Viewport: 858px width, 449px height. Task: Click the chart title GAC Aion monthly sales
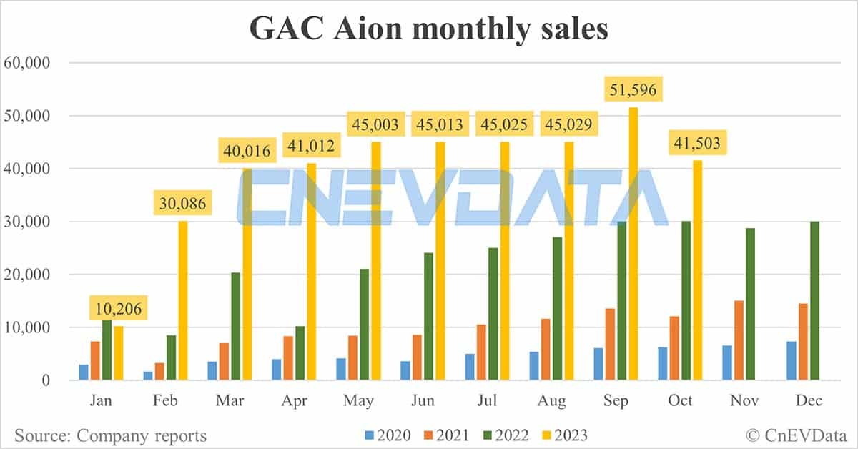[x=428, y=29]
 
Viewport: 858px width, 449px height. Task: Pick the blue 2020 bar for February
[x=149, y=375]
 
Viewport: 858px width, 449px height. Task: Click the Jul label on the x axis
[x=487, y=401]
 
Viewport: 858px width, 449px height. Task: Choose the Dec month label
[x=809, y=401]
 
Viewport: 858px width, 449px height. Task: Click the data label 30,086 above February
[x=182, y=204]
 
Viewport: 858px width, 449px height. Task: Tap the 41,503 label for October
[x=698, y=144]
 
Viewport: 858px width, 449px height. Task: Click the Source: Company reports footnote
[x=110, y=435]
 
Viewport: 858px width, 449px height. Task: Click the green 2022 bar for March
[x=235, y=326]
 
